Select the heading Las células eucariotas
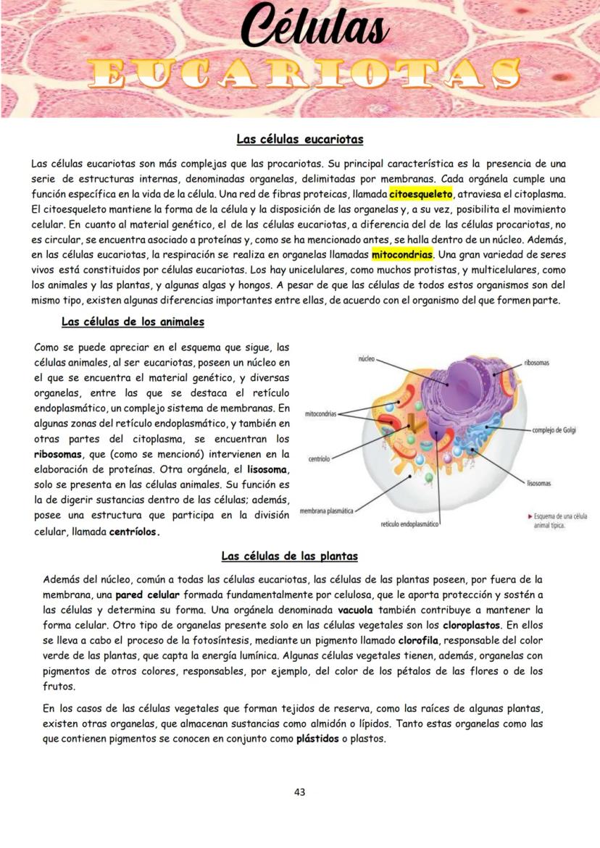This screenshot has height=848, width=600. click(299, 138)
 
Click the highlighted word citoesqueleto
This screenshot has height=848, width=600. click(420, 194)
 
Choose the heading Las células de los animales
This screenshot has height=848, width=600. click(133, 322)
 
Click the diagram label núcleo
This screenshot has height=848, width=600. click(366, 358)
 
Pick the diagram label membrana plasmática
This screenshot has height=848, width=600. click(325, 511)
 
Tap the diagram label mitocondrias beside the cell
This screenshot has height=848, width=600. click(320, 414)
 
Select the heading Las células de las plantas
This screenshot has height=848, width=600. click(289, 556)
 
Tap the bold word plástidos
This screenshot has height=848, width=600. click(317, 739)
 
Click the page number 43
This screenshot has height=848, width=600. click(299, 792)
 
